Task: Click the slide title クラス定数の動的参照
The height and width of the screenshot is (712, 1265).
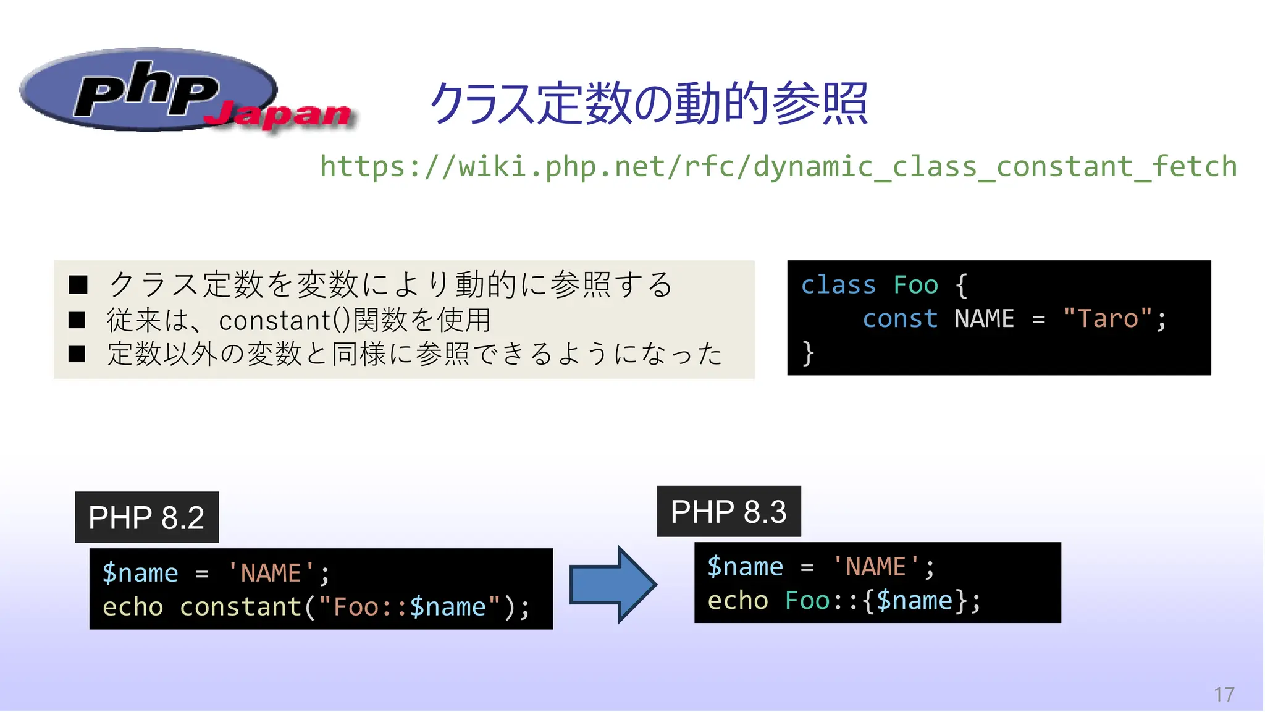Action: coord(649,103)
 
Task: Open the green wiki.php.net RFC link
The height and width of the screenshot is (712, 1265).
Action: coord(778,167)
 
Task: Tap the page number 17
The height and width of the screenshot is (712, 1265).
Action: coord(1224,695)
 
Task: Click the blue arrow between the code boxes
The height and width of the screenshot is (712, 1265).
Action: coord(611,584)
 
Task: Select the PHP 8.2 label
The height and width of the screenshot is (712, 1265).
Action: coord(146,517)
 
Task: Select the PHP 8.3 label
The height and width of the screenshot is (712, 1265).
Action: coord(728,512)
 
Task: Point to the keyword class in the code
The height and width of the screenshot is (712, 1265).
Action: coord(838,286)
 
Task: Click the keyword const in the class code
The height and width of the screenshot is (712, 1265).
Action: coord(900,319)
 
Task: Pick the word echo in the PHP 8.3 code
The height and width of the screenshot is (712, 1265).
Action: coord(738,601)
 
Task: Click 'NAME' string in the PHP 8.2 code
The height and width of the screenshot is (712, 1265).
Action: coord(271,573)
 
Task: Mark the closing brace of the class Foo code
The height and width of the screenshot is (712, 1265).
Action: coord(808,354)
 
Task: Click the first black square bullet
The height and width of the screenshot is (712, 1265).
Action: coord(77,285)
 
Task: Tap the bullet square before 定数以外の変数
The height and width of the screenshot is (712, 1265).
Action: coord(77,354)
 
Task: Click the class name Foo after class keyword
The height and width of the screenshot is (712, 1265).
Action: coord(915,286)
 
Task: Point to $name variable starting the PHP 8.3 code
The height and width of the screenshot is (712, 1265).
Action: coord(745,567)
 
